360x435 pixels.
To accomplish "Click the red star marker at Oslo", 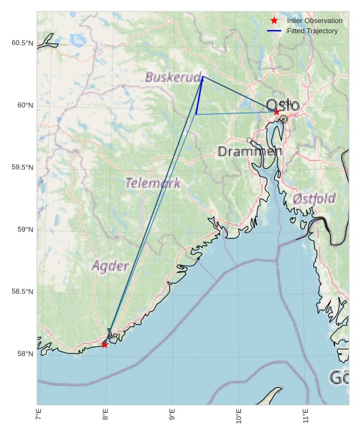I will point(277,112).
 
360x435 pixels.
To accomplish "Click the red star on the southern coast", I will point(105,345).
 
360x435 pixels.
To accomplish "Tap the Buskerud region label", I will point(173,77).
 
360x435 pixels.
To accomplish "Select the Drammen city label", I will point(249,151).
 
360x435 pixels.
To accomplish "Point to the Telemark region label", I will point(152,183).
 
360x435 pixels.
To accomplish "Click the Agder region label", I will point(111,266).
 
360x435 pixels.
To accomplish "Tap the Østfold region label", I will point(314,199).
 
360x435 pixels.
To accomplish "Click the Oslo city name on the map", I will point(282,105).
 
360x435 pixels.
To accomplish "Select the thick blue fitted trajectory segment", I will point(200,95).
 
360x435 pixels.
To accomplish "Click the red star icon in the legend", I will point(274,20).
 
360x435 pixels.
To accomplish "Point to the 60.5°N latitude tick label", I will point(22,43).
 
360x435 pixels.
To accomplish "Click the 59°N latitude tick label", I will point(24,230).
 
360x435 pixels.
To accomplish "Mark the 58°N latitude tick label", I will point(24,354).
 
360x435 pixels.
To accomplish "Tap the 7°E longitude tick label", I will point(38,417).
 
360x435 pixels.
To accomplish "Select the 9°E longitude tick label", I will point(172,417).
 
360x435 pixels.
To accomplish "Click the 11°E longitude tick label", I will point(306,417).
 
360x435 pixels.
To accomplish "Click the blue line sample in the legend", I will point(274,31).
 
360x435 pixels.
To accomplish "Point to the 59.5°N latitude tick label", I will point(22,167).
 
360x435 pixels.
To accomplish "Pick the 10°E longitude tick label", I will point(239,417).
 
